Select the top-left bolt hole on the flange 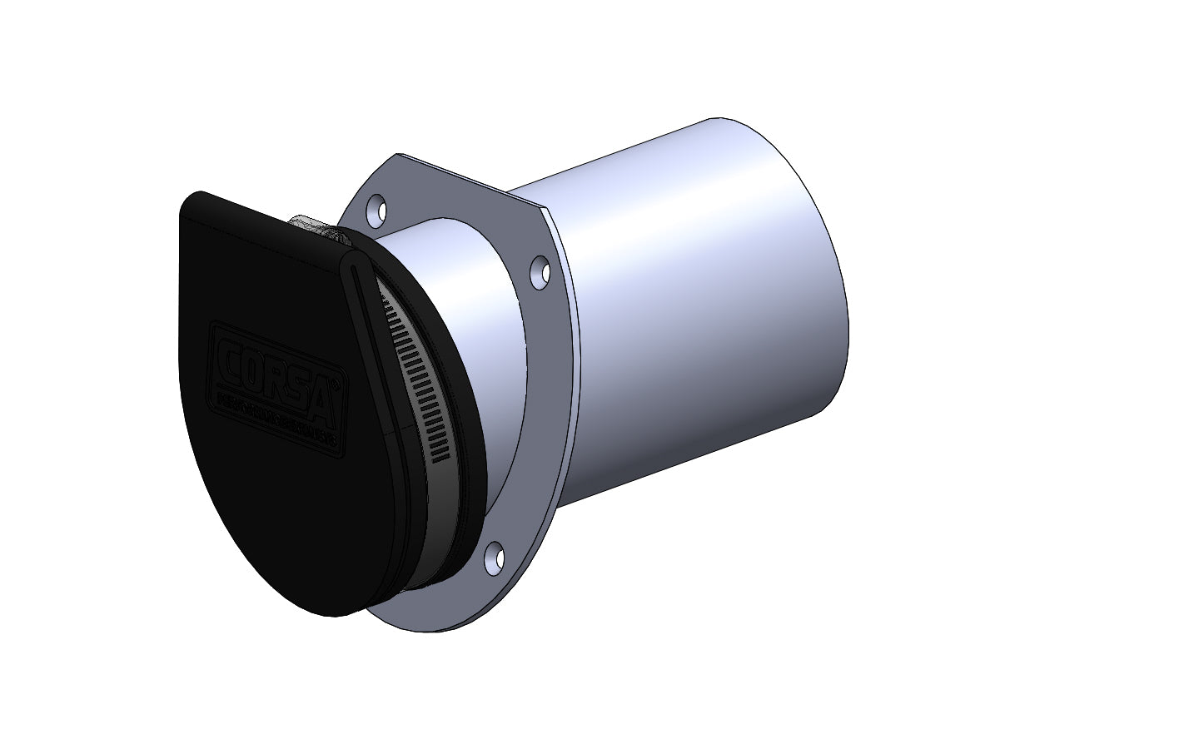378,206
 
